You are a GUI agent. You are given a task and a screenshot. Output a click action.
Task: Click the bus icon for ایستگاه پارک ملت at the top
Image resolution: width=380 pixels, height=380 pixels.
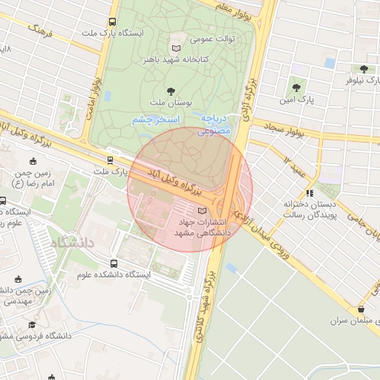112,22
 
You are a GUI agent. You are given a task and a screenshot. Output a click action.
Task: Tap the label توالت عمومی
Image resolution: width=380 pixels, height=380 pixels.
214,37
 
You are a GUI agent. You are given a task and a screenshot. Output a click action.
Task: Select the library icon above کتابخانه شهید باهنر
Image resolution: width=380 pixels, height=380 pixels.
176,47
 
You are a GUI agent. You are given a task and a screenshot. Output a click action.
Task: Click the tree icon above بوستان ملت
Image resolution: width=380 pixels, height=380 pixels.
171,91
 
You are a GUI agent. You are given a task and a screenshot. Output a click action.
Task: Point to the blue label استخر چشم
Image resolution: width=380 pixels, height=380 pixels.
152,119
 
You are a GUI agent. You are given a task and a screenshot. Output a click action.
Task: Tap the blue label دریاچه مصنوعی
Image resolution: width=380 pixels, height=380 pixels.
217,124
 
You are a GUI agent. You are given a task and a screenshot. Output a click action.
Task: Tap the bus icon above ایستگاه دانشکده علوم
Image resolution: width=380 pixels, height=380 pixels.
114,263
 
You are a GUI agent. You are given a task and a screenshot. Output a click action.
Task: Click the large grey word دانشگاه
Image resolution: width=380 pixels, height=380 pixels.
73,242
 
